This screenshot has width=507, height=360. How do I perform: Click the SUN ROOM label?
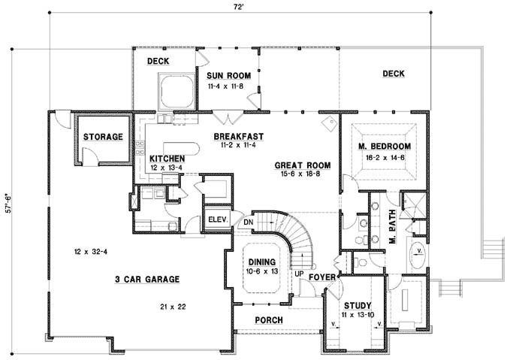[x=228, y=76]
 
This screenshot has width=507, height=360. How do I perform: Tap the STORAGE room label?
[x=103, y=137]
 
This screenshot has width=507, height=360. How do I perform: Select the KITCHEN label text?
[x=167, y=159]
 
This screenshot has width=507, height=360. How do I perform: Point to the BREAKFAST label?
[x=236, y=136]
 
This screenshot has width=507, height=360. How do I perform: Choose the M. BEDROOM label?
[x=384, y=146]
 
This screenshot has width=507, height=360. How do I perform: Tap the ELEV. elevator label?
[x=217, y=220]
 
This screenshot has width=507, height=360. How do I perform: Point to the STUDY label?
[x=357, y=305]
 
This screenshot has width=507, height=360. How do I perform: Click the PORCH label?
[x=268, y=319]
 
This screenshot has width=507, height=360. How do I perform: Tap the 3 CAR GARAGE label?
[x=147, y=279]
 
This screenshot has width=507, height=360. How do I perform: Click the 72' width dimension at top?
[x=238, y=6]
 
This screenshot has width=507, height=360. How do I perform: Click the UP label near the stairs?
[x=298, y=274]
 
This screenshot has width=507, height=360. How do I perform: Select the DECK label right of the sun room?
[x=393, y=74]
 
